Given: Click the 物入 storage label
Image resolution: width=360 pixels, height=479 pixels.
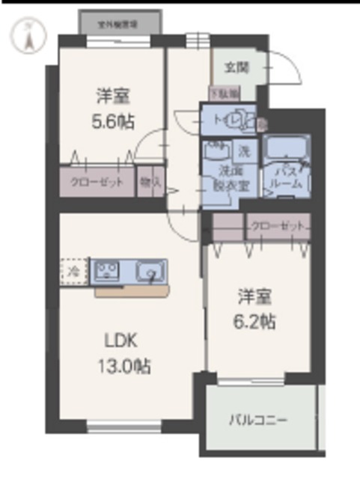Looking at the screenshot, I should pyautogui.click(x=150, y=182).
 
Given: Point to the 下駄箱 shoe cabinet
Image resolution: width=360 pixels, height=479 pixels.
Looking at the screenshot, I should pyautogui.click(x=224, y=94).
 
